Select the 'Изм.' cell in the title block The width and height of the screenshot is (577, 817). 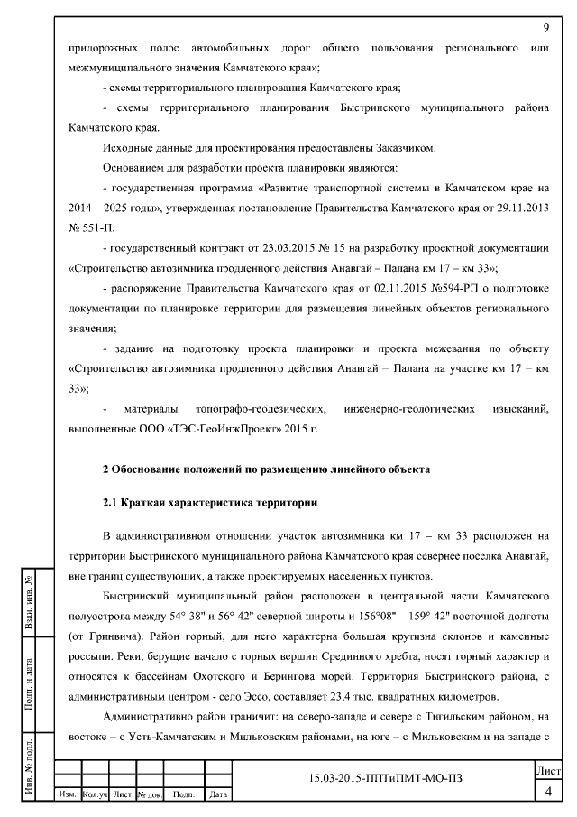coord(68,794)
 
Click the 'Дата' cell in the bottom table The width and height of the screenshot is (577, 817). coord(216,794)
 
